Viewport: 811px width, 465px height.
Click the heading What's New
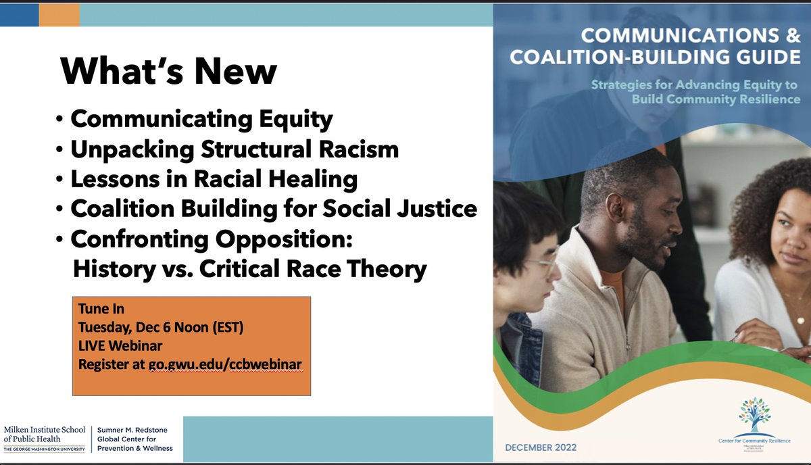pyautogui.click(x=169, y=71)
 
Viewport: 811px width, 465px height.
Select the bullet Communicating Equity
pyautogui.click(x=201, y=120)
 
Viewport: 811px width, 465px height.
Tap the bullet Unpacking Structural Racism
pyautogui.click(x=235, y=149)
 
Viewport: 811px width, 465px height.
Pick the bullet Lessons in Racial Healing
pyautogui.click(x=214, y=179)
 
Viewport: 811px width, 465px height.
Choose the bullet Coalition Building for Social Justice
pyautogui.click(x=274, y=209)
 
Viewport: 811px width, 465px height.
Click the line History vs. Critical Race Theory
pyautogui.click(x=249, y=269)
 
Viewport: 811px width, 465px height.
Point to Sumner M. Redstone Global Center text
pyautogui.click(x=134, y=439)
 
